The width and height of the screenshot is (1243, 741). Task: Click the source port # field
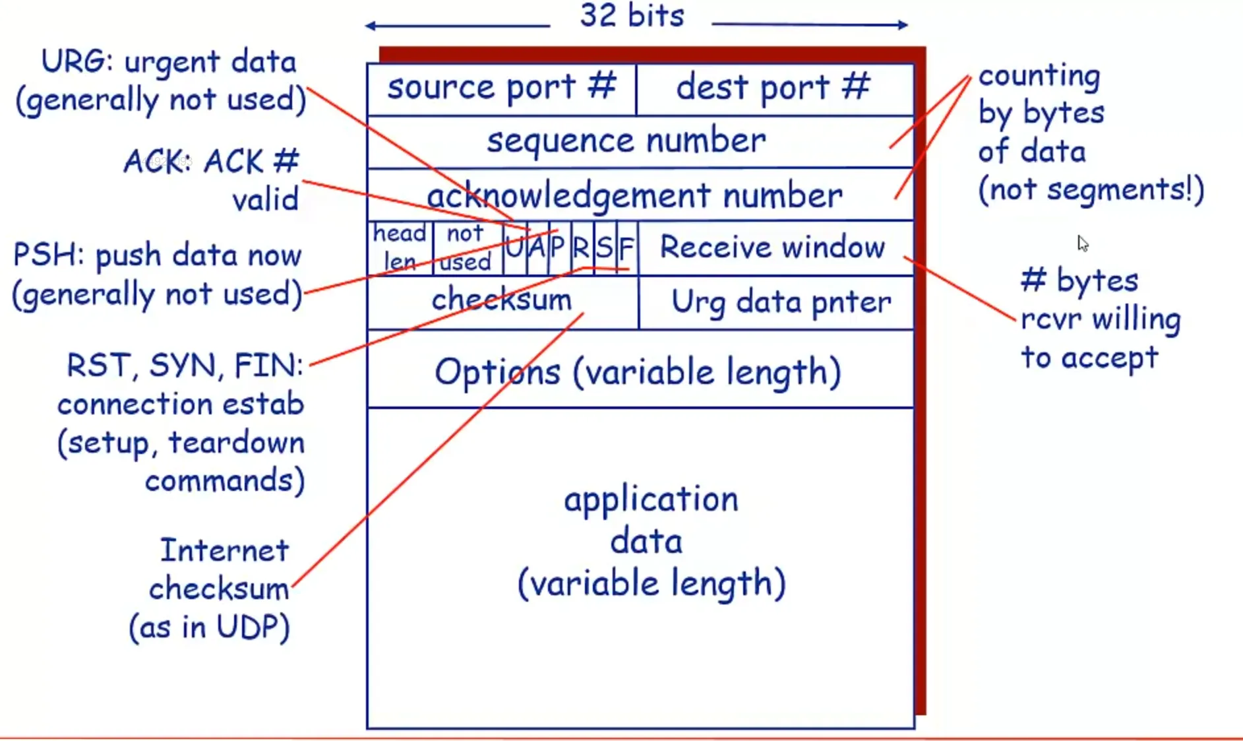tap(501, 88)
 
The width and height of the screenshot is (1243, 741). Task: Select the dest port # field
tap(774, 88)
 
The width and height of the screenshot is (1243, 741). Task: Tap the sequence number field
tap(626, 141)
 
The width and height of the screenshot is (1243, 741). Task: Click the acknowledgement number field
tap(634, 195)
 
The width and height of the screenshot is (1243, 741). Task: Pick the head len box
tap(400, 248)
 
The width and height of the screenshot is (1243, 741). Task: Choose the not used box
tap(466, 248)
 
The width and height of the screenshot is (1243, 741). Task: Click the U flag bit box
tap(514, 248)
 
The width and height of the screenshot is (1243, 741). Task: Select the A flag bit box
tap(537, 248)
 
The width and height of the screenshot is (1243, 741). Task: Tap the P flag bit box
tap(559, 248)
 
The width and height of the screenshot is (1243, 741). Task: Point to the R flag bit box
tap(581, 248)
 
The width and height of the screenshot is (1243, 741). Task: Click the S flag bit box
tap(604, 248)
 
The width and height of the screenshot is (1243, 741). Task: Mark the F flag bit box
tap(626, 248)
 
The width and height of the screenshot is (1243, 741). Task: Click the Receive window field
tap(773, 248)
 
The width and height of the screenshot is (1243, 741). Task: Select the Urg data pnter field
tap(781, 302)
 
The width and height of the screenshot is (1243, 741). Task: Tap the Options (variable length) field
tap(638, 371)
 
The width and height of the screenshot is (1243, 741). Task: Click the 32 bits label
tap(632, 16)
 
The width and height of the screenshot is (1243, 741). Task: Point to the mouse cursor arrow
tap(1082, 243)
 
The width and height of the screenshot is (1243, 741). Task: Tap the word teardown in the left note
tap(237, 443)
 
